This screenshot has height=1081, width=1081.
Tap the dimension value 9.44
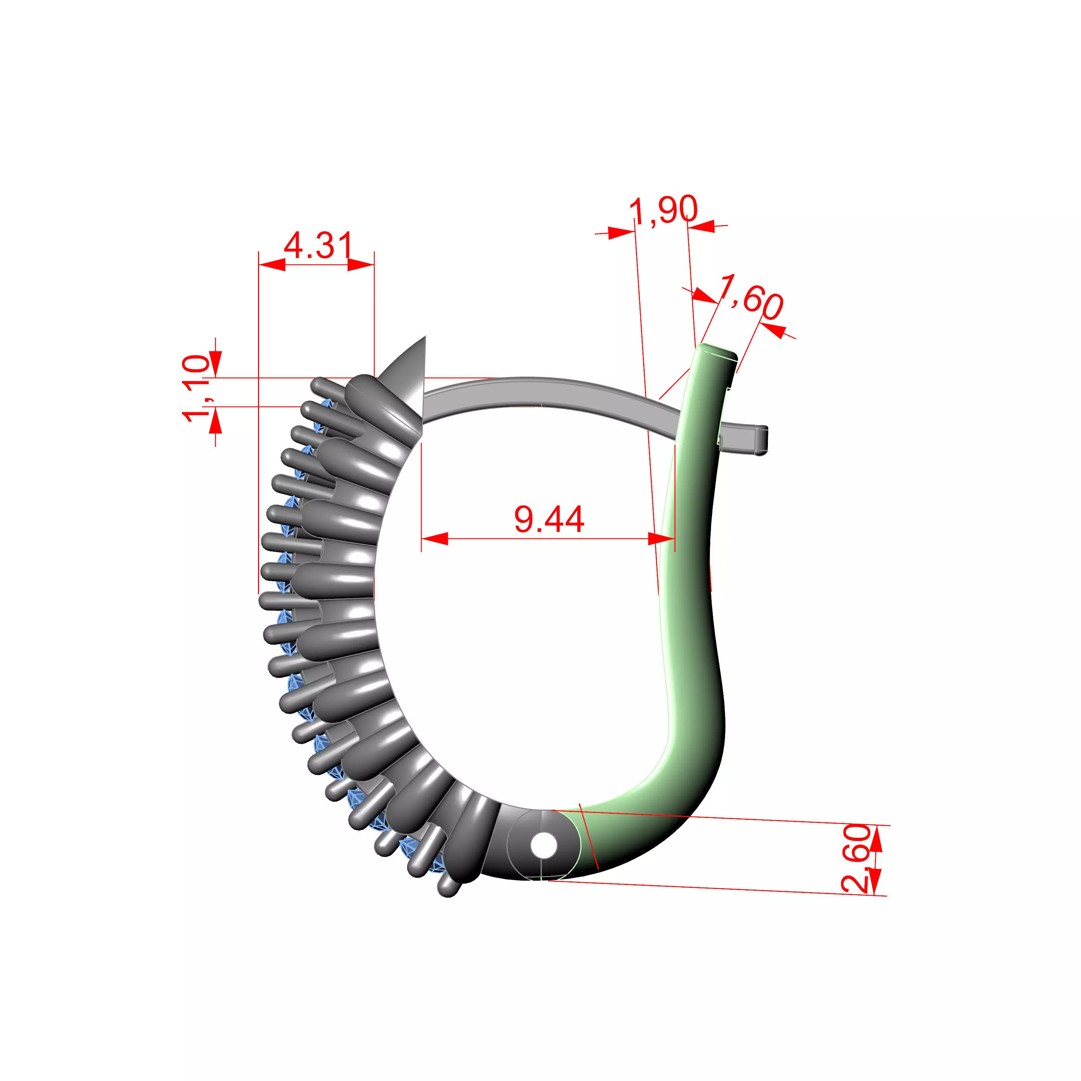tap(549, 519)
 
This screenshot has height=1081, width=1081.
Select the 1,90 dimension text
tap(664, 210)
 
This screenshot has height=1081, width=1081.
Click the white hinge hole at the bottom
tap(544, 845)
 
